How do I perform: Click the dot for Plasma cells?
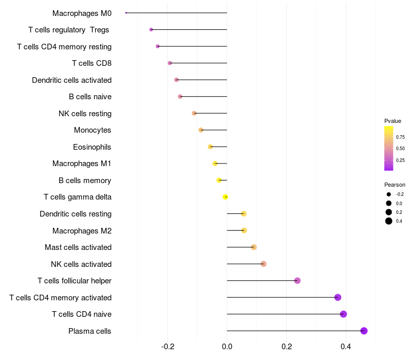click(364, 331)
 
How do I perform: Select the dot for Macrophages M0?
click(126, 13)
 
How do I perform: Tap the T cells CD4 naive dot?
click(343, 314)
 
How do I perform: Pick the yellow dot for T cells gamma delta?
click(225, 197)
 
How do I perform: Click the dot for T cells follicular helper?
click(297, 281)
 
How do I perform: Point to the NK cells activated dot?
click(263, 264)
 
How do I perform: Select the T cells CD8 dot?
click(170, 63)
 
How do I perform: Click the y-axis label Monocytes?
click(92, 130)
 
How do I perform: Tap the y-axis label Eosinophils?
click(92, 147)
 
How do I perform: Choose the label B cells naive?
click(90, 97)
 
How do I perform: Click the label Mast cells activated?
click(78, 247)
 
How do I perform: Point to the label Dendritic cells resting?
click(76, 214)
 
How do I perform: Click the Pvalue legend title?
click(393, 121)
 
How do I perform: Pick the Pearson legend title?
click(395, 185)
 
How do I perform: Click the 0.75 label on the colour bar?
click(400, 137)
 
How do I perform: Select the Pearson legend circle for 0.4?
click(389, 221)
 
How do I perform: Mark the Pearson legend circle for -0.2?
click(389, 194)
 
